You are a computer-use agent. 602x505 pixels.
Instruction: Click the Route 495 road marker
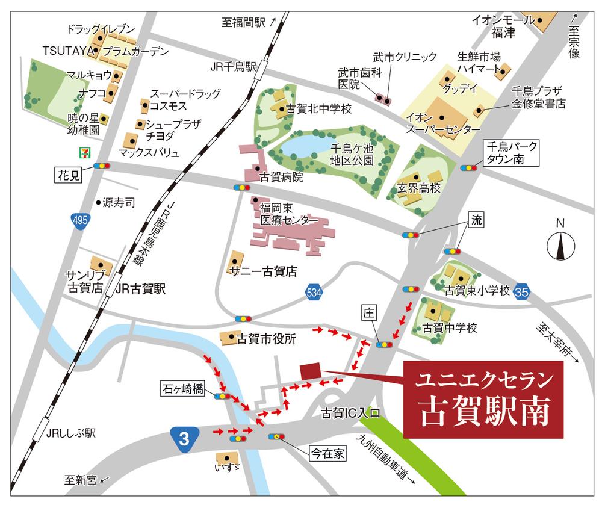(x=78, y=221)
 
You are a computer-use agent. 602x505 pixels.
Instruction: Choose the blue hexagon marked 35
(x=523, y=291)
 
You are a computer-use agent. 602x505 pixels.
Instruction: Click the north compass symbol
(x=560, y=244)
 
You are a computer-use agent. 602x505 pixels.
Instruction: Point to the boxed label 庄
(x=368, y=313)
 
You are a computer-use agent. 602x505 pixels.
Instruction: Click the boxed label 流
(x=477, y=220)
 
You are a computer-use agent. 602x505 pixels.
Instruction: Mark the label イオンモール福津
(x=501, y=26)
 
